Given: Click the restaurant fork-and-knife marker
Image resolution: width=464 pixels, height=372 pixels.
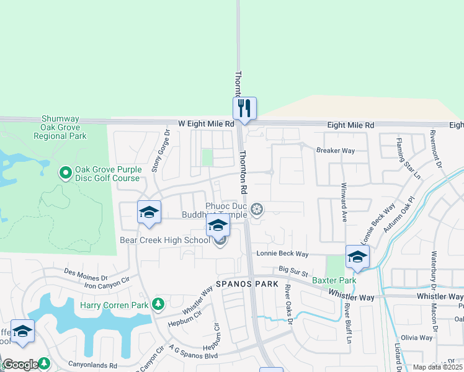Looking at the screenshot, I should (x=244, y=108).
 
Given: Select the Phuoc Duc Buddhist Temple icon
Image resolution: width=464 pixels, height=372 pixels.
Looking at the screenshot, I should (x=257, y=210).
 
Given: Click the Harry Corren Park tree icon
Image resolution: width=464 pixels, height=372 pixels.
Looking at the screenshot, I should (x=159, y=304).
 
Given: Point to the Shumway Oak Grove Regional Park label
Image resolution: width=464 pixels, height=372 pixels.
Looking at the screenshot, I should (x=64, y=127).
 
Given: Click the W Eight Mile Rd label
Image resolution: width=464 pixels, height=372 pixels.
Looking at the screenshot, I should (x=205, y=124).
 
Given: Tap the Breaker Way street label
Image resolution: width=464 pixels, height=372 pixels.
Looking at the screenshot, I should (x=335, y=151).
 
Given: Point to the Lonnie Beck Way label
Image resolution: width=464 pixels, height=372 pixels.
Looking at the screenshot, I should (x=283, y=254).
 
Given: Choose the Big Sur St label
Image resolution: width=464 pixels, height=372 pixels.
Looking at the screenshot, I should (x=293, y=270).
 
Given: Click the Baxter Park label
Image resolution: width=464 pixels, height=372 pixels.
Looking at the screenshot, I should (x=334, y=281).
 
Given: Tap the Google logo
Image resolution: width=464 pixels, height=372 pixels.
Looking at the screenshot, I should (x=20, y=365).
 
